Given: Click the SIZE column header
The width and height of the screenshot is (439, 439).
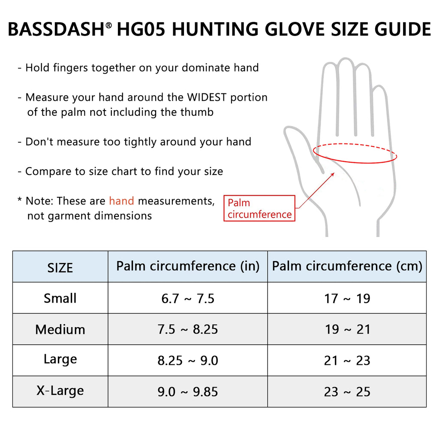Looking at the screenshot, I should point(60,268).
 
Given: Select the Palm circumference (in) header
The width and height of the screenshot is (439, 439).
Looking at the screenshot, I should point(188,266).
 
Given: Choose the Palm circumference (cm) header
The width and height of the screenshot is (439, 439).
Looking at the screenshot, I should point(347,266).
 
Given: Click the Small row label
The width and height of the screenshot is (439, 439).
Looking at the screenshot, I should point(60,298).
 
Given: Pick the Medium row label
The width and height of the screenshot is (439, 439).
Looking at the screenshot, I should point(60,329).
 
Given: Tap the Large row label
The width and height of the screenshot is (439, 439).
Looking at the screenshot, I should point(60,359).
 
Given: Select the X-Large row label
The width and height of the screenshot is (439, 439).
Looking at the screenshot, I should point(60,391).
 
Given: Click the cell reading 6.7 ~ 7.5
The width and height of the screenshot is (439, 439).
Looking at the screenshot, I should point(188,298).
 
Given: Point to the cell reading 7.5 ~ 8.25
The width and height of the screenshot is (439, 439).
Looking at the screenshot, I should point(188,329).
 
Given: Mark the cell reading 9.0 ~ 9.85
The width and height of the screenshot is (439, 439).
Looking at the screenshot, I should point(188,392).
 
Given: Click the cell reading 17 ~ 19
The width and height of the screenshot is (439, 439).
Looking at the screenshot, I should point(347,298).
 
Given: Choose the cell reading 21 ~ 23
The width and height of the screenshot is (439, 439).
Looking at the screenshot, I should point(347,361).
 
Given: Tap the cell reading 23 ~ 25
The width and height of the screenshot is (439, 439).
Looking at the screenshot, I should point(347,392).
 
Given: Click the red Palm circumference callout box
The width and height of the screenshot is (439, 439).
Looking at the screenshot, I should point(259,208).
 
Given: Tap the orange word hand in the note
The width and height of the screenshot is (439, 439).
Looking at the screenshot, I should point(121,201).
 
